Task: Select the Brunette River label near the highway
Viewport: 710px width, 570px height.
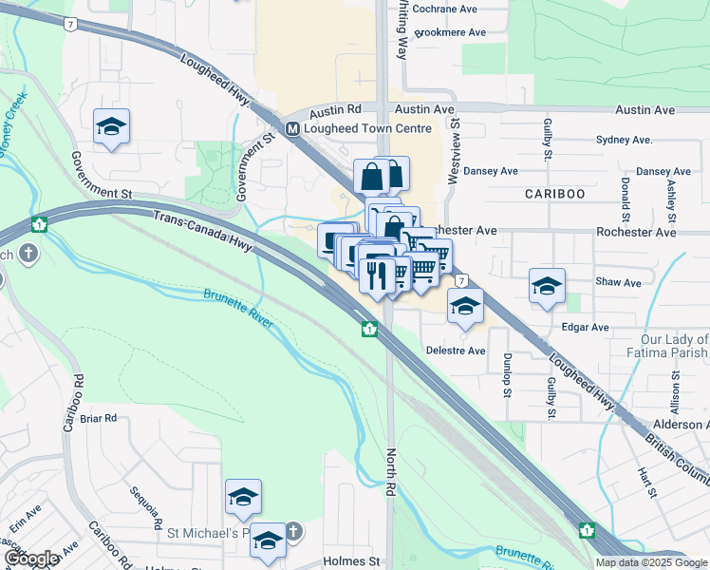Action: click(x=238, y=310)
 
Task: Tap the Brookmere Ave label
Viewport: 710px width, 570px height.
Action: click(x=452, y=32)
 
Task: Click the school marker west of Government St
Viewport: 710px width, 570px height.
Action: click(x=111, y=126)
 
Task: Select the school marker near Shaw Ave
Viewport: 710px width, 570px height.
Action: click(x=547, y=286)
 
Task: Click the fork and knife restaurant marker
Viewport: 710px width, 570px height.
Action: click(x=377, y=274)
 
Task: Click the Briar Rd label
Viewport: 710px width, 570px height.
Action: click(x=98, y=418)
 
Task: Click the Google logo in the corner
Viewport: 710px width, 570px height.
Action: click(x=30, y=560)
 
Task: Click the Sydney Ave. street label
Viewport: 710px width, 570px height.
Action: click(x=624, y=140)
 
